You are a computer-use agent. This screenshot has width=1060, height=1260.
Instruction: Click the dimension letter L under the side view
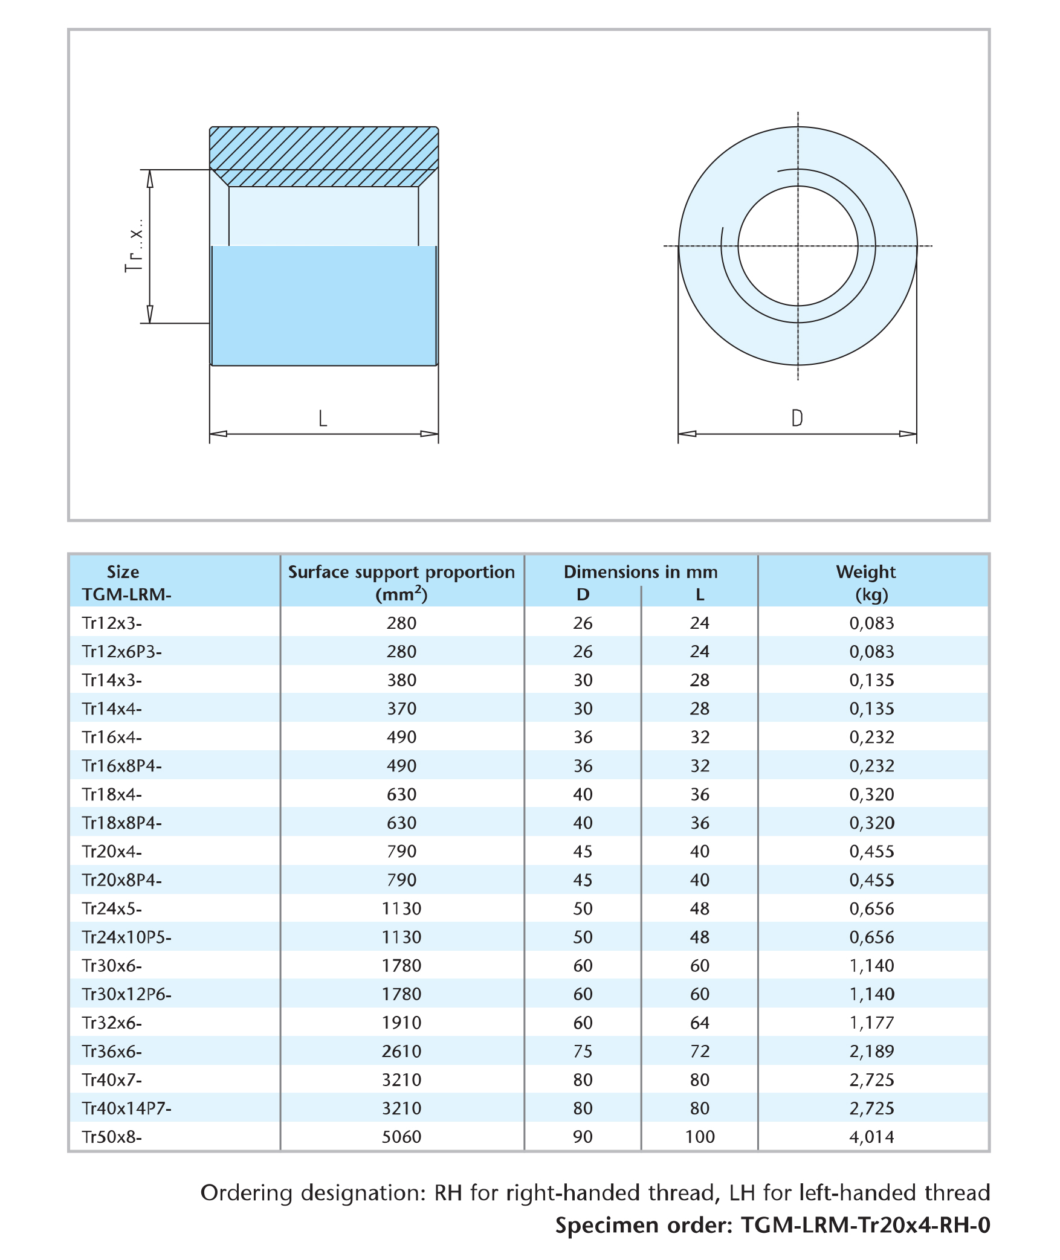323,418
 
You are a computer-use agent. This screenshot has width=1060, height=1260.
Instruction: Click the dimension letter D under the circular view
797,418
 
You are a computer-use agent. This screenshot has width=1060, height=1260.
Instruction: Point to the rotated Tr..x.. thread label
135,246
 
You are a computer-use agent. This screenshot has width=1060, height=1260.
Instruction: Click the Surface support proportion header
401,583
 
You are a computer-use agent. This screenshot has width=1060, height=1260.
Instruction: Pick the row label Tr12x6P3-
122,652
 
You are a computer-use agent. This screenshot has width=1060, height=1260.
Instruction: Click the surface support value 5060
401,1137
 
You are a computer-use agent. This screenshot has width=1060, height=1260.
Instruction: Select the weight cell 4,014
871,1137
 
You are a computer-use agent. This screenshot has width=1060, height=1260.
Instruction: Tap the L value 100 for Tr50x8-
700,1137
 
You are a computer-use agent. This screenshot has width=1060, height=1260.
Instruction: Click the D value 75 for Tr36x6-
583,1051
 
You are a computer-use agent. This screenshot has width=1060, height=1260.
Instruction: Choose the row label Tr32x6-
112,1023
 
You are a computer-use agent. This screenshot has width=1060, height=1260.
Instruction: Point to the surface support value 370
401,709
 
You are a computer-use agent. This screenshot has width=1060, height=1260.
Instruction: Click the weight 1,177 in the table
871,1023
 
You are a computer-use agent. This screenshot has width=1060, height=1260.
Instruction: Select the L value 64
700,1023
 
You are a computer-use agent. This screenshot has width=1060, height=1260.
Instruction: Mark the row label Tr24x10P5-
127,937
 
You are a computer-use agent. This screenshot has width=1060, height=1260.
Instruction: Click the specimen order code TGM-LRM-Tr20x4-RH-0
865,1225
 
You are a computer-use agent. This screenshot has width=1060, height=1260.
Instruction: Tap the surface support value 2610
401,1051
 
